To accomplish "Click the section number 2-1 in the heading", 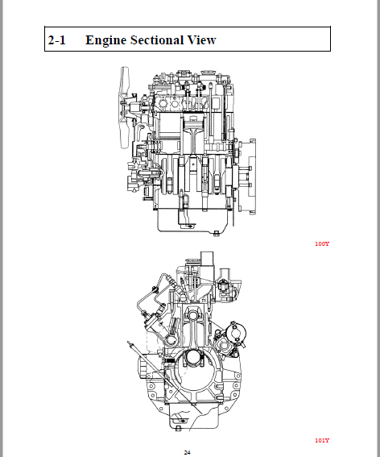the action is [57, 40].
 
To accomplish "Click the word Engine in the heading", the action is [105, 41].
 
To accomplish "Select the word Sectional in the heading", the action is [157, 40].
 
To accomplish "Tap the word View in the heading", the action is [201, 40].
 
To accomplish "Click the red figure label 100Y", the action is [322, 243].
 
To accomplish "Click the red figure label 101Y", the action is [322, 440].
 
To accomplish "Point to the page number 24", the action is [188, 452].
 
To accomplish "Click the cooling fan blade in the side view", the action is [125, 108].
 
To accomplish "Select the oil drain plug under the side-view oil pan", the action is [216, 233].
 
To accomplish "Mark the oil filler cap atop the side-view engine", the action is [208, 73].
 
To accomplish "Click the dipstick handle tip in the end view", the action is [129, 343].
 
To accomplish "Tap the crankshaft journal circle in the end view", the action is [193, 358].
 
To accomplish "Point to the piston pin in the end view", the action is [193, 315].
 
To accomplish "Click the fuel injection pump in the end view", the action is [156, 323].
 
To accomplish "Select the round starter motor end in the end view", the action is [237, 332].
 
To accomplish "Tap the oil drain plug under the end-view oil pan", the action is [178, 428].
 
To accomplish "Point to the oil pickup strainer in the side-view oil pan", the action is [187, 224].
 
